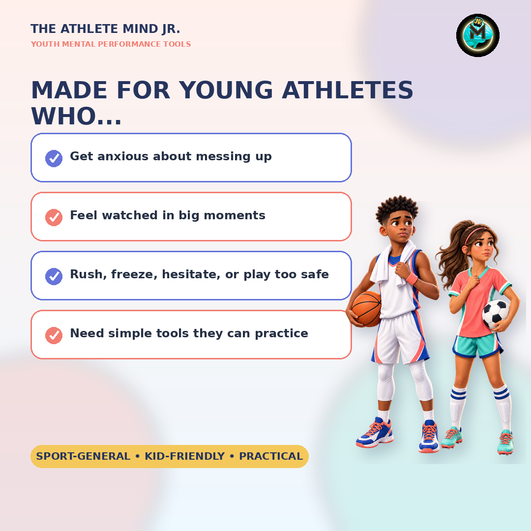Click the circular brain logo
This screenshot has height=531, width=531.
[477, 35]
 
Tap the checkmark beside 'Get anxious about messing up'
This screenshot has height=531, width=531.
[54, 158]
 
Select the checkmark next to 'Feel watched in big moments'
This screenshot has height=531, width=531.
[54, 217]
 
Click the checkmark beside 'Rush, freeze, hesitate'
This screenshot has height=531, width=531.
[54, 276]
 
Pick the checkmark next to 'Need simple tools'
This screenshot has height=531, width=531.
[54, 335]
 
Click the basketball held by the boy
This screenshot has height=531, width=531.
[366, 309]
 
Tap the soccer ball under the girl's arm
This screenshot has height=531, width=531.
[496, 314]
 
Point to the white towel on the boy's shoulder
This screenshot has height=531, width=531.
[393, 263]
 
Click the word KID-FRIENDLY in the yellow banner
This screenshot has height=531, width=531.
[184, 456]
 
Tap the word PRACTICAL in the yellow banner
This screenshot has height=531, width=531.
[271, 456]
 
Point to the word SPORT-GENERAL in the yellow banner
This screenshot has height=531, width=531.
[83, 456]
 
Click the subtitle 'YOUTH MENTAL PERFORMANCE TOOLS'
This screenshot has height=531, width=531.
[111, 44]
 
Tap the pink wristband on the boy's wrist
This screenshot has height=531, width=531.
[412, 279]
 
